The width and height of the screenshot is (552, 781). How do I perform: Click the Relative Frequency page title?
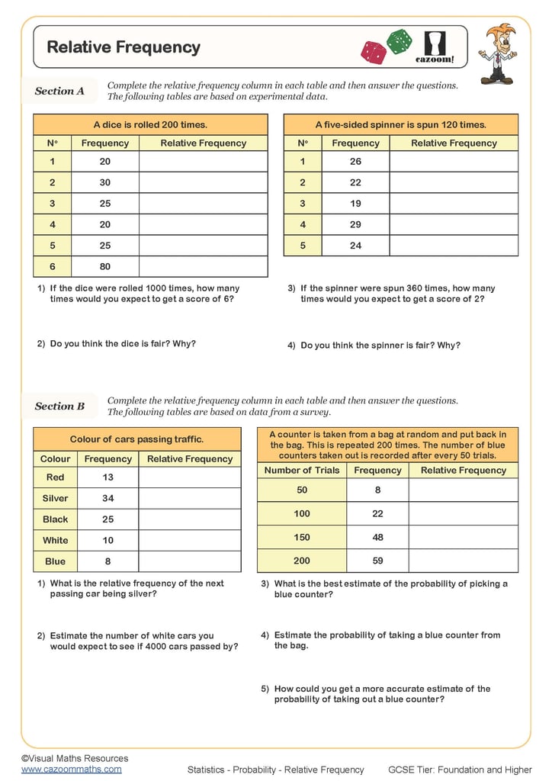(x=124, y=47)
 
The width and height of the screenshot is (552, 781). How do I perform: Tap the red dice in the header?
(x=374, y=53)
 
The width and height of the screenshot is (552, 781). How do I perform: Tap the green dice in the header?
(x=399, y=41)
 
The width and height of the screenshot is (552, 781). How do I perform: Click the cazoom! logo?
(x=435, y=47)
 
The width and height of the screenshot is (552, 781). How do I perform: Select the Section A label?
(x=59, y=91)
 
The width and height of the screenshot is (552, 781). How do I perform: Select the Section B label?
(x=59, y=406)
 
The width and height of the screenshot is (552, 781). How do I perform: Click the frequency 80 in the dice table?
(x=105, y=267)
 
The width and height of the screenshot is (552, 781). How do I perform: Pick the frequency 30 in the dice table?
(x=105, y=182)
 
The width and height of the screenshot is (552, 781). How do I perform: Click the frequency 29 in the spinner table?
(x=355, y=225)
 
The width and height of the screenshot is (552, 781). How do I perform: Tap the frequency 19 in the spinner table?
(x=355, y=204)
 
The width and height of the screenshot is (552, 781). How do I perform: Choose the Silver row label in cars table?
(x=55, y=498)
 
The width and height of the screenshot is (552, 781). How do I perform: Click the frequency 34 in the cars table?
(x=108, y=498)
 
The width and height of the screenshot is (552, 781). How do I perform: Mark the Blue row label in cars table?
(x=55, y=561)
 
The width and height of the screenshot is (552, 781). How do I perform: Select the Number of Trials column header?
(x=302, y=471)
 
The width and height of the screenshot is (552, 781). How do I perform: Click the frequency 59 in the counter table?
(x=377, y=561)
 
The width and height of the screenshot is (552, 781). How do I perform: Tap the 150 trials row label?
(x=302, y=537)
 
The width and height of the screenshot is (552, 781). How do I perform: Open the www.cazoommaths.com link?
(x=71, y=770)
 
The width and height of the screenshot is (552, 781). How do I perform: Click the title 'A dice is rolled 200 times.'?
(x=150, y=124)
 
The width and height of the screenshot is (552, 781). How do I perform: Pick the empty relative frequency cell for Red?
(x=189, y=477)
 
